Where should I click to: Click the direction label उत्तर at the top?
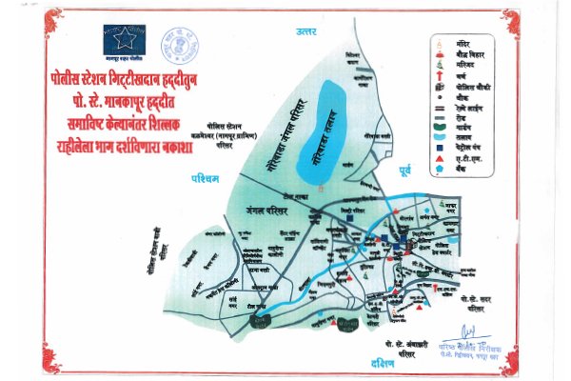[305, 31]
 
